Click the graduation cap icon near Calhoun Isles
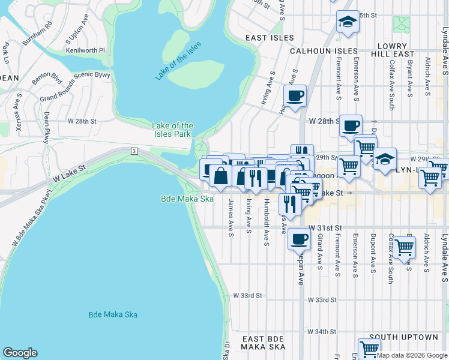point(346,22)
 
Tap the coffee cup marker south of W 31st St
point(298,239)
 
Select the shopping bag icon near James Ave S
point(220,176)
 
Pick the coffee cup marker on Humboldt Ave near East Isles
point(294,96)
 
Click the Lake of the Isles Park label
point(172,129)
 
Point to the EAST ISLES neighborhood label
point(270,38)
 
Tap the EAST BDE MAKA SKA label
point(263,343)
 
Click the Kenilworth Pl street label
point(85,51)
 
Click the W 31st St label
point(325,229)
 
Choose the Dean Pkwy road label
point(46,128)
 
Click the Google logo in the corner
point(20,353)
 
